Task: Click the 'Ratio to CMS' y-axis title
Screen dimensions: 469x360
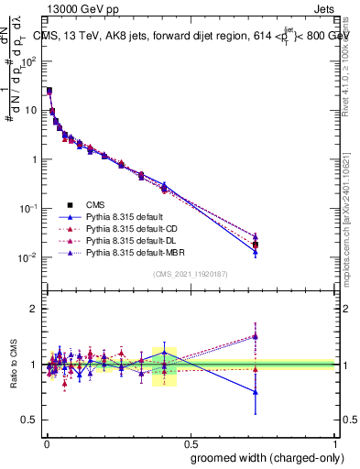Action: click(x=14, y=365)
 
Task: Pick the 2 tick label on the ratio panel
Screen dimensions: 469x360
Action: click(x=33, y=309)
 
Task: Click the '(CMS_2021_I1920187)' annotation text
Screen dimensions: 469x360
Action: click(x=191, y=274)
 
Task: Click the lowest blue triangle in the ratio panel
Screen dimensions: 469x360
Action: click(x=256, y=392)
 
